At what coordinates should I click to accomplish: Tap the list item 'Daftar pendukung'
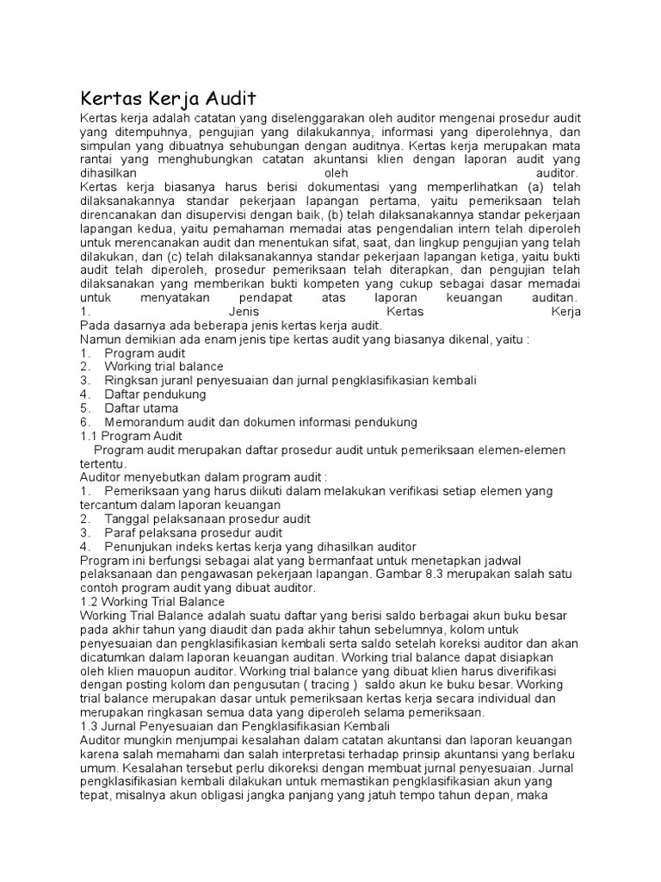(x=155, y=394)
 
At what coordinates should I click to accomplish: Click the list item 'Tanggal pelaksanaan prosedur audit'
(x=207, y=519)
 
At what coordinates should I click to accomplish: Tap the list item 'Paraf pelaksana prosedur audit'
(x=194, y=533)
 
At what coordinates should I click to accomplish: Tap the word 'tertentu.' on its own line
(x=102, y=463)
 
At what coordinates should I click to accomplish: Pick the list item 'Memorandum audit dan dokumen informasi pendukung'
(x=261, y=422)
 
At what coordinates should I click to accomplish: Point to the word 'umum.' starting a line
(x=97, y=767)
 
